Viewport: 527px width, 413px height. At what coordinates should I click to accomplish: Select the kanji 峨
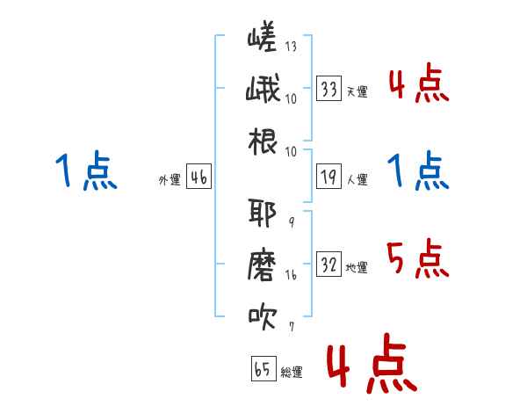point(263,88)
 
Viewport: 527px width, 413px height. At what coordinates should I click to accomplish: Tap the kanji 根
point(263,141)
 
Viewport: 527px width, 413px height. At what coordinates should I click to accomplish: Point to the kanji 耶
point(262,213)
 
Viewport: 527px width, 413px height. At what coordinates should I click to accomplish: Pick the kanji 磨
point(262,265)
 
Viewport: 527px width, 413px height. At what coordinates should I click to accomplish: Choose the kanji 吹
point(263,316)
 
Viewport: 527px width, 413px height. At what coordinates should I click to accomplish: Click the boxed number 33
point(328,89)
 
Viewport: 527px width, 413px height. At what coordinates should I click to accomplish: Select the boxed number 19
point(328,177)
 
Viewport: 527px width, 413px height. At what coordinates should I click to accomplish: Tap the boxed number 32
point(328,264)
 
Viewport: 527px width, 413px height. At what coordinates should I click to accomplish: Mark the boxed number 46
point(199,177)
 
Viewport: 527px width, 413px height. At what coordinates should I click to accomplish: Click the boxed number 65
point(263,368)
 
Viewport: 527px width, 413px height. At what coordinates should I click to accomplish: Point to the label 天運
point(357,91)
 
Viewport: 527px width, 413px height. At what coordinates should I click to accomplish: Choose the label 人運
point(357,179)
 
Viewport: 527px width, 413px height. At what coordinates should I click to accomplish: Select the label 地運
point(357,267)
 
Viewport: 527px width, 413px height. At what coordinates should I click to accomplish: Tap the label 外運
point(170,180)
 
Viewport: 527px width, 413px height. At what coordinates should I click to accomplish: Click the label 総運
point(292,372)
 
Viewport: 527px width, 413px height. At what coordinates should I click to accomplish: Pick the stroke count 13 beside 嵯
point(291,46)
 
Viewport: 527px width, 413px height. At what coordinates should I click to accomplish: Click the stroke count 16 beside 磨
point(291,275)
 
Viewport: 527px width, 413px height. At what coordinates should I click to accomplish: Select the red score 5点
point(418,258)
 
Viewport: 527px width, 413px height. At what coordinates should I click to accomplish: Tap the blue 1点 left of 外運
point(86,170)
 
